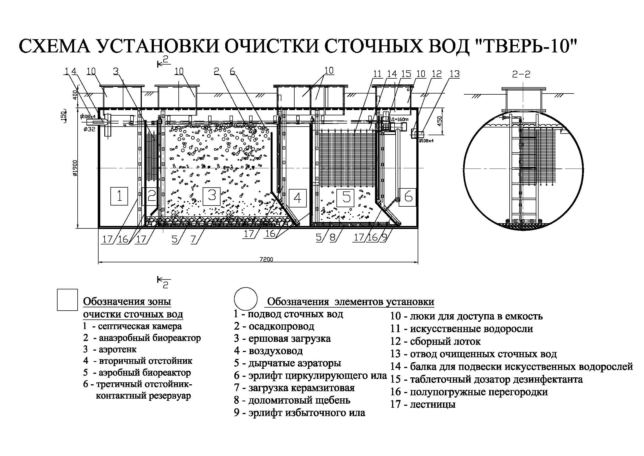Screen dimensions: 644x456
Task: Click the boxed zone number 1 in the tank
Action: click(119, 196)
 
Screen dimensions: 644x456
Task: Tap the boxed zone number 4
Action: click(297, 198)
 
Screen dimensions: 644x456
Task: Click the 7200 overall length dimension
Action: click(266, 259)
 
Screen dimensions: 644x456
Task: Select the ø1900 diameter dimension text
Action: click(75, 168)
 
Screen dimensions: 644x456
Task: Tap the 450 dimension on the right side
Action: click(439, 121)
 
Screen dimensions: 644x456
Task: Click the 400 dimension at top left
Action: click(75, 95)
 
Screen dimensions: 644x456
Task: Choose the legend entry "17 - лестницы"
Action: click(423, 404)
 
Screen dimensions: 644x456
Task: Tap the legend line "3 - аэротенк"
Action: click(110, 349)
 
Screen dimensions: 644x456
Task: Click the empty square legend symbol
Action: click(67, 300)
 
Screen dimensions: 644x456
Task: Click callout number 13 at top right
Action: click(455, 74)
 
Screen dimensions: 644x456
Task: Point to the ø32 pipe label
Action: click(89, 129)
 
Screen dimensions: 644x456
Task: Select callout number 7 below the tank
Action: click(193, 239)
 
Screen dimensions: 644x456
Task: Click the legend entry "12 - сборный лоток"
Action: click(435, 341)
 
